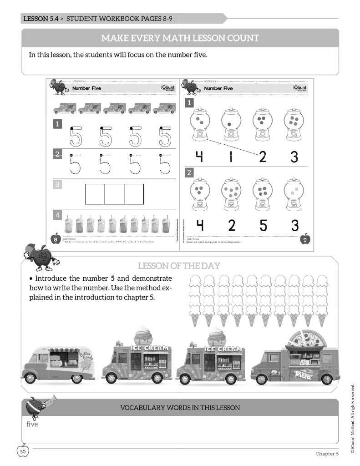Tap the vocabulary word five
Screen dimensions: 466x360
(32, 424)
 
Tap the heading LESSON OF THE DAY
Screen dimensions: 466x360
(179, 266)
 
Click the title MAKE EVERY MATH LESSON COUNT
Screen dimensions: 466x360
(180, 38)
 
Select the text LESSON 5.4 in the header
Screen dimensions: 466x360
(42, 19)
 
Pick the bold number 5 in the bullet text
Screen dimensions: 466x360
(112, 278)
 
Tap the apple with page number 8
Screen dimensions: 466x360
(55, 238)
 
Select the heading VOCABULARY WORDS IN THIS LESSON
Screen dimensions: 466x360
(180, 407)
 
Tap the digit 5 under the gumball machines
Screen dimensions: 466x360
(263, 224)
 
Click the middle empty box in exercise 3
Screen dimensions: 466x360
(114, 194)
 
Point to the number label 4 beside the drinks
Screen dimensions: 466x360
(57, 214)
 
